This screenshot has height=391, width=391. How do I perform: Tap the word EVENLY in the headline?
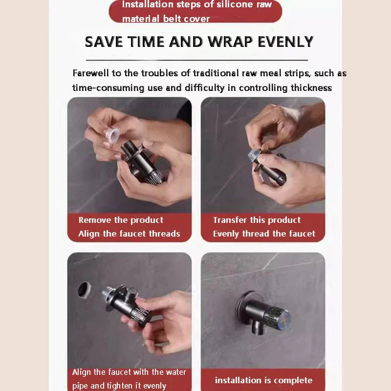(x=285, y=42)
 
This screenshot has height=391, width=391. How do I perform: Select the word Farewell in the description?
(x=92, y=73)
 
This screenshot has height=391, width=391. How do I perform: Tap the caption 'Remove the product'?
(x=121, y=220)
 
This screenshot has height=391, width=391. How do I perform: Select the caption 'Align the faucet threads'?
(x=129, y=234)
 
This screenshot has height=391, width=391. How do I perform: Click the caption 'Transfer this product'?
(x=257, y=220)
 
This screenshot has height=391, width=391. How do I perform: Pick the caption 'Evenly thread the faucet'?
(x=264, y=234)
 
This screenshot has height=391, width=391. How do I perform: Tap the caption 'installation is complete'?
(x=263, y=380)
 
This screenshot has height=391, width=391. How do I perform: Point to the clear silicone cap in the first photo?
(x=113, y=133)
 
